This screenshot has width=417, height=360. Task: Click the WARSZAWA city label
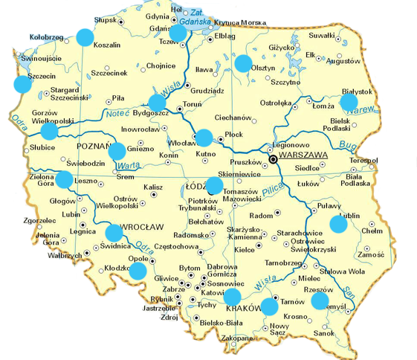(304, 155)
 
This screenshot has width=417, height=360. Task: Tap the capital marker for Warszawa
(274, 158)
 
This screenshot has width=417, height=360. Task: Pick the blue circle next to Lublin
(339, 223)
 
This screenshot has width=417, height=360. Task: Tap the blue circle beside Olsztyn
(243, 63)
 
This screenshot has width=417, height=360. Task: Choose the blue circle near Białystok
(349, 102)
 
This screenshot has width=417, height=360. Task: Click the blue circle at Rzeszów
(320, 300)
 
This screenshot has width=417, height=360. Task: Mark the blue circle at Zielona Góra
(65, 179)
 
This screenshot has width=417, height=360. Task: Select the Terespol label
(363, 160)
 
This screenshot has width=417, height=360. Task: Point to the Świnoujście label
(40, 57)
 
